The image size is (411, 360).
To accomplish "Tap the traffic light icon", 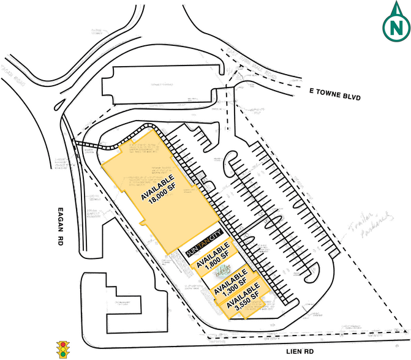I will tap(61, 350).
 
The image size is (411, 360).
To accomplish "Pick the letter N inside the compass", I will tap(396, 28).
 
